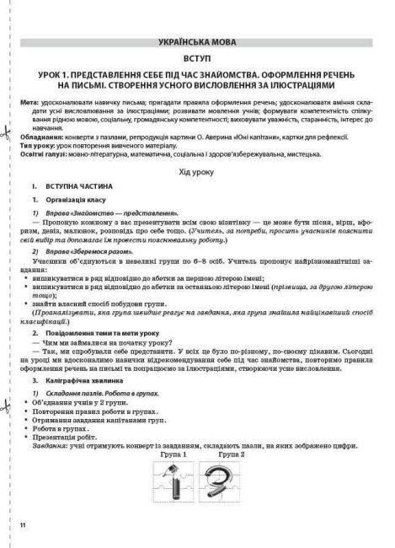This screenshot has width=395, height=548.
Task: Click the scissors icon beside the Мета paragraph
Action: (x=7, y=108)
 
